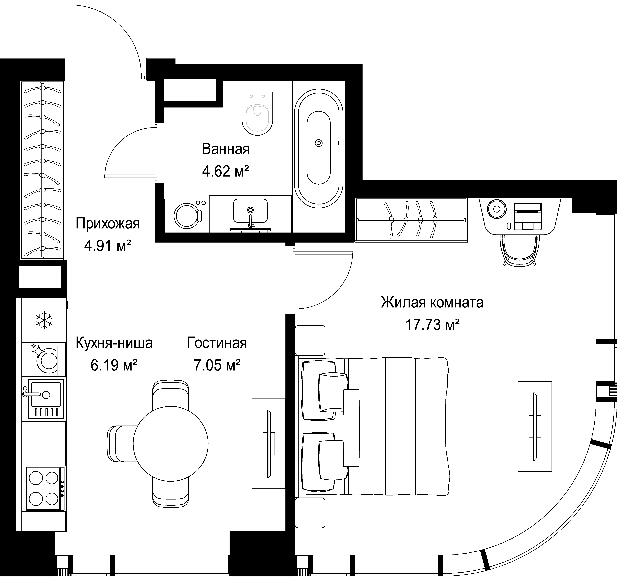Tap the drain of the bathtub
tap(319, 143)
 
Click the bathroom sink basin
tap(250, 211)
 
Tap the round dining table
tap(171, 444)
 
